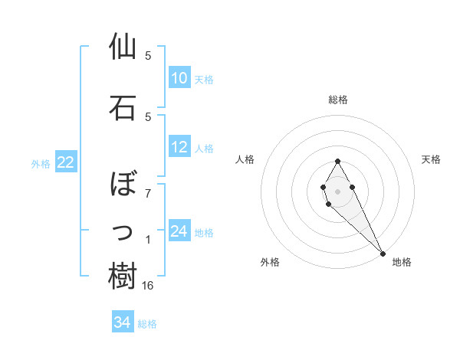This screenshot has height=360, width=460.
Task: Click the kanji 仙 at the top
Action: click(123, 47)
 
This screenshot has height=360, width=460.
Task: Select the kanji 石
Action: click(123, 108)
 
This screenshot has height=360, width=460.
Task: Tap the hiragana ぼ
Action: click(123, 185)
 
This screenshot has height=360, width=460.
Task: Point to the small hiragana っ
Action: click(123, 232)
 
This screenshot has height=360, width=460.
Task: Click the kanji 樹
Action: click(123, 276)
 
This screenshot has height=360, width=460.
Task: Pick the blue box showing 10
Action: click(179, 78)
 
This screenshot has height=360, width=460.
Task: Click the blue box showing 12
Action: click(179, 148)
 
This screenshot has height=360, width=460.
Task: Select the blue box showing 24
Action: click(179, 231)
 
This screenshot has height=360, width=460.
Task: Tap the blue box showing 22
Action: click(66, 162)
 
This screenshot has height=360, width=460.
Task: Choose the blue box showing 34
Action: click(123, 323)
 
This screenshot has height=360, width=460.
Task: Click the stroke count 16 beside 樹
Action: click(149, 286)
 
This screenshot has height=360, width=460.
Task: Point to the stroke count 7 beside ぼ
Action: click(148, 192)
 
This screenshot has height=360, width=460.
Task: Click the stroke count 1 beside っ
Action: click(148, 241)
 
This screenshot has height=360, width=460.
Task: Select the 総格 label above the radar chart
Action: click(338, 100)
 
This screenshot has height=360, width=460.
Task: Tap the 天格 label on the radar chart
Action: click(432, 159)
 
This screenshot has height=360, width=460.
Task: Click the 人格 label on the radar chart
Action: click(245, 159)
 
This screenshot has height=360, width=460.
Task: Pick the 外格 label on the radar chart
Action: click(270, 263)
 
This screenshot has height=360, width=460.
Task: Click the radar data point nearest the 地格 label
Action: click(383, 252)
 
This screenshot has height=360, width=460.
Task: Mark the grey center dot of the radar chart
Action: click(338, 191)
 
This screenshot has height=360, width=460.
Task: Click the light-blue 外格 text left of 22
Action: click(41, 163)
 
